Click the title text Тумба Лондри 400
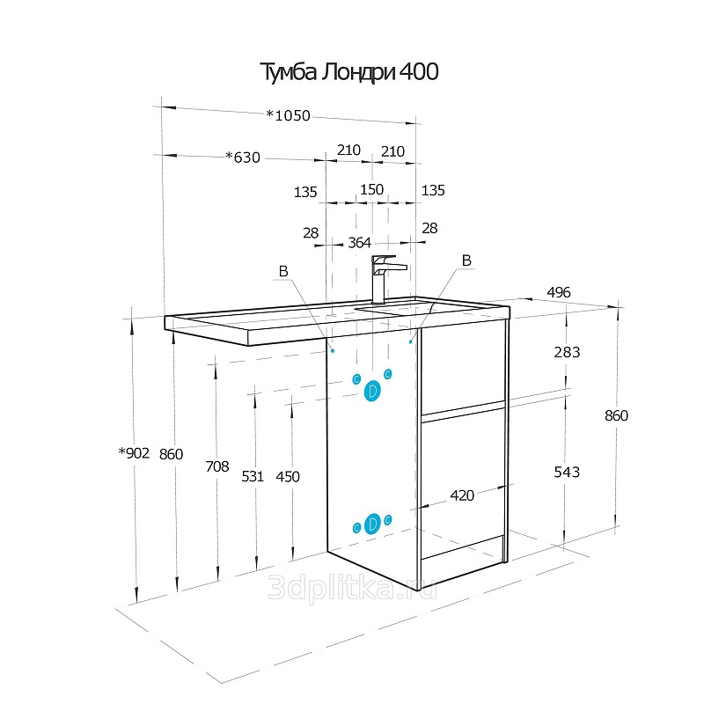[x=349, y=72]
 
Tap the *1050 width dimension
[x=288, y=116]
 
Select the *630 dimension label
[x=243, y=158]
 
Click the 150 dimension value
[x=371, y=189]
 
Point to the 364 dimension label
[x=360, y=243]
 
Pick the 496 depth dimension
[x=559, y=292]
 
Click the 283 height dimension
[x=567, y=353]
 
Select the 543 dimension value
[x=567, y=473]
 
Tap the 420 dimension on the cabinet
[x=462, y=495]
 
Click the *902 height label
[x=134, y=453]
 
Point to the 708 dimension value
[x=217, y=467]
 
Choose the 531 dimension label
[x=253, y=476]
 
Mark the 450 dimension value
[x=288, y=477]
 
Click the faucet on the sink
[x=383, y=279]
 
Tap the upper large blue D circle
[x=372, y=391]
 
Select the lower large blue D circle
[x=372, y=524]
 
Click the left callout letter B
[x=283, y=271]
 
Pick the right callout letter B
[x=466, y=260]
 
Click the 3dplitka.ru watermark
[x=352, y=588]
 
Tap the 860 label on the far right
[x=616, y=415]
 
